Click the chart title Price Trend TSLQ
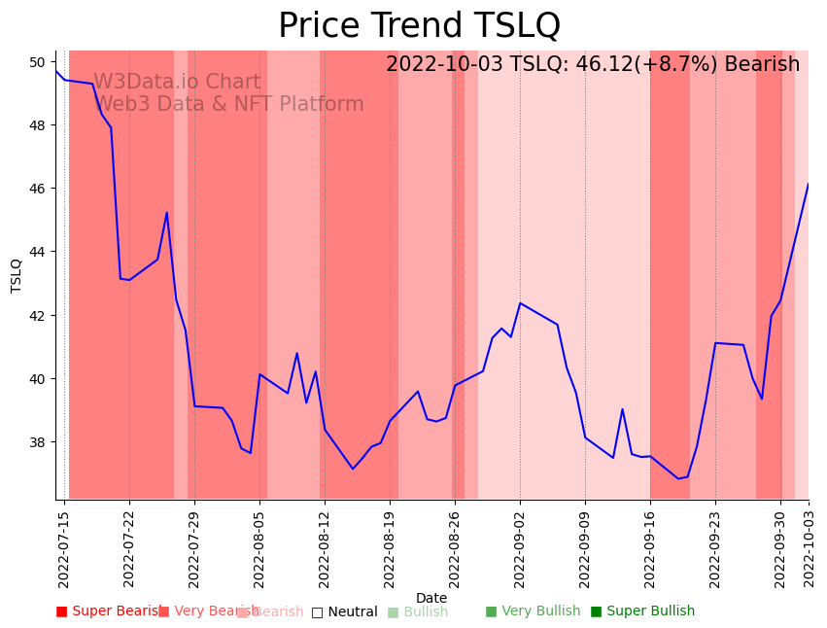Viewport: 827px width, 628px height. (x=419, y=25)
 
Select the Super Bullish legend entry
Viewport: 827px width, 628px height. (x=642, y=611)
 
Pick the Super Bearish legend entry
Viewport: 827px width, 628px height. (x=109, y=611)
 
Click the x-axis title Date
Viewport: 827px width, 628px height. (x=431, y=599)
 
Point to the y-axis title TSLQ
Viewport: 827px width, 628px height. (x=17, y=275)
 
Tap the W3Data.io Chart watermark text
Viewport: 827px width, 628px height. (x=177, y=83)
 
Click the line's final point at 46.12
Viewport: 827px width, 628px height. (x=808, y=185)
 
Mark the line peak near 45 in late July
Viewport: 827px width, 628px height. (x=167, y=213)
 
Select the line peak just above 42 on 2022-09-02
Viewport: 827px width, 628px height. (x=520, y=303)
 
